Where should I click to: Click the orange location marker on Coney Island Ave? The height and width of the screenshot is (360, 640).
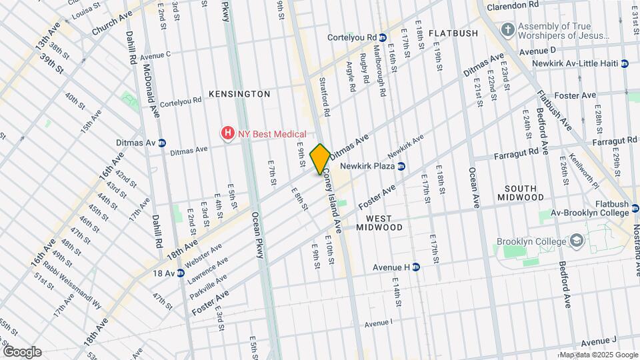point(320,158)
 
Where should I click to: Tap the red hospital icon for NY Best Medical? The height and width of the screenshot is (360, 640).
point(228,134)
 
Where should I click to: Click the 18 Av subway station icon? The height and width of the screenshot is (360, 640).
point(181,273)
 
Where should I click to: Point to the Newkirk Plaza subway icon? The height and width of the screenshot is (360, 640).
point(401,165)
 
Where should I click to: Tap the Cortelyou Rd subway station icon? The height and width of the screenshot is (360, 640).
point(383,37)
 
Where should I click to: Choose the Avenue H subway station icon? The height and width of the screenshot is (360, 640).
point(416,267)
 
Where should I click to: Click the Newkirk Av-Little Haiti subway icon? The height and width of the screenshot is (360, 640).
point(625,63)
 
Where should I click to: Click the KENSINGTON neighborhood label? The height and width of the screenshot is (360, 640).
point(240,94)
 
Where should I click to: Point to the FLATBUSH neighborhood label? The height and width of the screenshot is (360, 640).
point(453,33)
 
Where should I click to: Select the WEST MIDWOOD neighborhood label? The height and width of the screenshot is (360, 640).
point(384,223)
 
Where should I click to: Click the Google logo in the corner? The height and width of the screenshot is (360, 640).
point(22,352)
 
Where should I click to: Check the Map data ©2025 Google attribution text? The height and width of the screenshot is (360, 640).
point(598,355)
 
